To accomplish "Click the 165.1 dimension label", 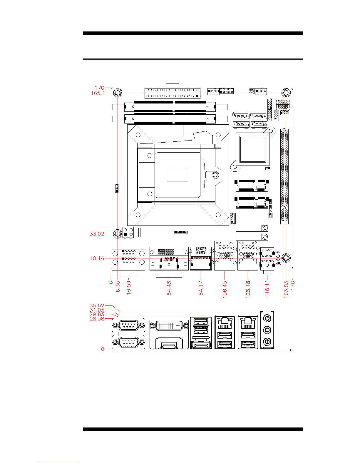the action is point(98,93).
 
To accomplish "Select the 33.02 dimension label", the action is point(97,234).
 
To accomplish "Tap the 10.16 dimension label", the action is point(97,258).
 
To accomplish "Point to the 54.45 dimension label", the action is point(169,288).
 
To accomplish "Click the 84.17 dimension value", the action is point(201,288).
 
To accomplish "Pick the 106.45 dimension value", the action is point(225,289).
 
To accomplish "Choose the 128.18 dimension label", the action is point(248,289).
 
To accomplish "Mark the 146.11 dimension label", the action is point(267,289).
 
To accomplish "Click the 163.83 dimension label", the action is point(286,289).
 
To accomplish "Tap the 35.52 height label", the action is point(97,305).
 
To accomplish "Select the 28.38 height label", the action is point(97,319).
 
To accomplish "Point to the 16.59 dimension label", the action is point(129,288).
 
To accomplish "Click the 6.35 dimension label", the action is point(118,286).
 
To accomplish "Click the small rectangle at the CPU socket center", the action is point(178,175).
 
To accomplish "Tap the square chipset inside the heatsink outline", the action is point(253,149).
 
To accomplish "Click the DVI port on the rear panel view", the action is point(169,326).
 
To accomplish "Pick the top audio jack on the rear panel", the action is point(267,318).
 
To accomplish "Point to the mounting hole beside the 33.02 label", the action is point(118,234).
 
